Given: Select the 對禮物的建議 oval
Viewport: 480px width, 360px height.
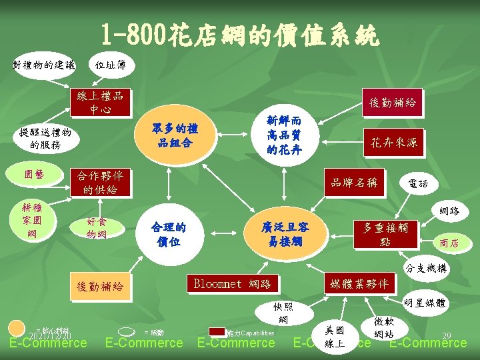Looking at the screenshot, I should point(44,65).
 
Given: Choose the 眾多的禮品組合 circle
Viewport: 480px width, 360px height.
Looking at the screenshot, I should point(175,135).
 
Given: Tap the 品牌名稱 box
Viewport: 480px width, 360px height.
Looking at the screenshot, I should point(354,182).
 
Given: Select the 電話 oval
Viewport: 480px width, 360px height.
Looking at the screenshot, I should point(418,183).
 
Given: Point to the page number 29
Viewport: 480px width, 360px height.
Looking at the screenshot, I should point(447,335).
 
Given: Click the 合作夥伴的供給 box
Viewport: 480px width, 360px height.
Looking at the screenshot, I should point(101,182).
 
